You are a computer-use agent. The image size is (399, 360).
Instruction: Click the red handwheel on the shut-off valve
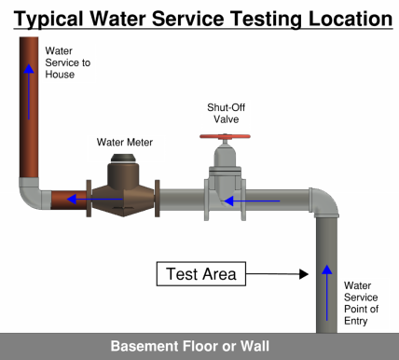[x=225, y=136]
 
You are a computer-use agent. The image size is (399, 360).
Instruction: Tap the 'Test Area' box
[x=201, y=274]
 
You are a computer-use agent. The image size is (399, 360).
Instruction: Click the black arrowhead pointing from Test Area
[x=303, y=274]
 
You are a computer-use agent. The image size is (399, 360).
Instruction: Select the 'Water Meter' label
[x=125, y=143]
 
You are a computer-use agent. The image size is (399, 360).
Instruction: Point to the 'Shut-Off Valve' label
[x=226, y=113]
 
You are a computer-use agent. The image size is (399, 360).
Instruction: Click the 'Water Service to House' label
[x=68, y=62]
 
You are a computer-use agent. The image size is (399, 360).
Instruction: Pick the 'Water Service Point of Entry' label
[x=361, y=303]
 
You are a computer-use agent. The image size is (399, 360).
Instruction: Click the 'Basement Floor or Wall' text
[x=190, y=346]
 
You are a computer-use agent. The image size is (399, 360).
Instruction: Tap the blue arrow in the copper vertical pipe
[x=29, y=91]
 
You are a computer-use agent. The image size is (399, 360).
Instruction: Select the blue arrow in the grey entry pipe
[x=326, y=293]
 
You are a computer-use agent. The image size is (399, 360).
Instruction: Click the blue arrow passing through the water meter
[x=95, y=199]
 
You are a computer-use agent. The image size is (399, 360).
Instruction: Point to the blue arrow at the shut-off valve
[x=252, y=201]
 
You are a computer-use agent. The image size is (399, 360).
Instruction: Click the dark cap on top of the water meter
[x=123, y=159]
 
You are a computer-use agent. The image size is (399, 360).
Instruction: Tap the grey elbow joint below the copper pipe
[x=32, y=194]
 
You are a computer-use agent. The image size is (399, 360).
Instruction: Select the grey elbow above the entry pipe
[x=325, y=201]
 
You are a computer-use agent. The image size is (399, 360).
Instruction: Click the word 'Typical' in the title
[x=48, y=19]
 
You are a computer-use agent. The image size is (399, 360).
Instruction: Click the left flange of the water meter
[x=89, y=199]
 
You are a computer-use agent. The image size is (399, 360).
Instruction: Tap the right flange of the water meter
[x=158, y=199]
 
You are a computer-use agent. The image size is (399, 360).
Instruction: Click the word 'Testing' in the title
[x=266, y=20]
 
